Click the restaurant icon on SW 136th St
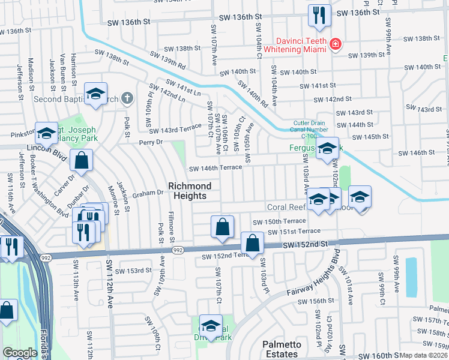[318, 14]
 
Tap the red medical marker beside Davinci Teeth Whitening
[334, 44]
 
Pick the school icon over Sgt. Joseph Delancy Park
[46, 133]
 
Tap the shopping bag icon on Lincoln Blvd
[81, 161]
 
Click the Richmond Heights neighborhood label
[187, 191]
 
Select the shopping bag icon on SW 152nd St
[253, 244]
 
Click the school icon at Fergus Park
[327, 149]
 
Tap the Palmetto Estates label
[280, 349]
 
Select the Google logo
[20, 353]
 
